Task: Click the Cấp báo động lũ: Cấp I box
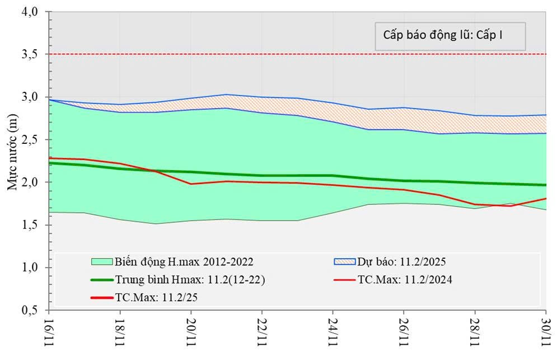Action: point(450,36)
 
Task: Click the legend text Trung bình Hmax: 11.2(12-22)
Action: point(189,279)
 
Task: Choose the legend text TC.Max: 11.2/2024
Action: point(405,279)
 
